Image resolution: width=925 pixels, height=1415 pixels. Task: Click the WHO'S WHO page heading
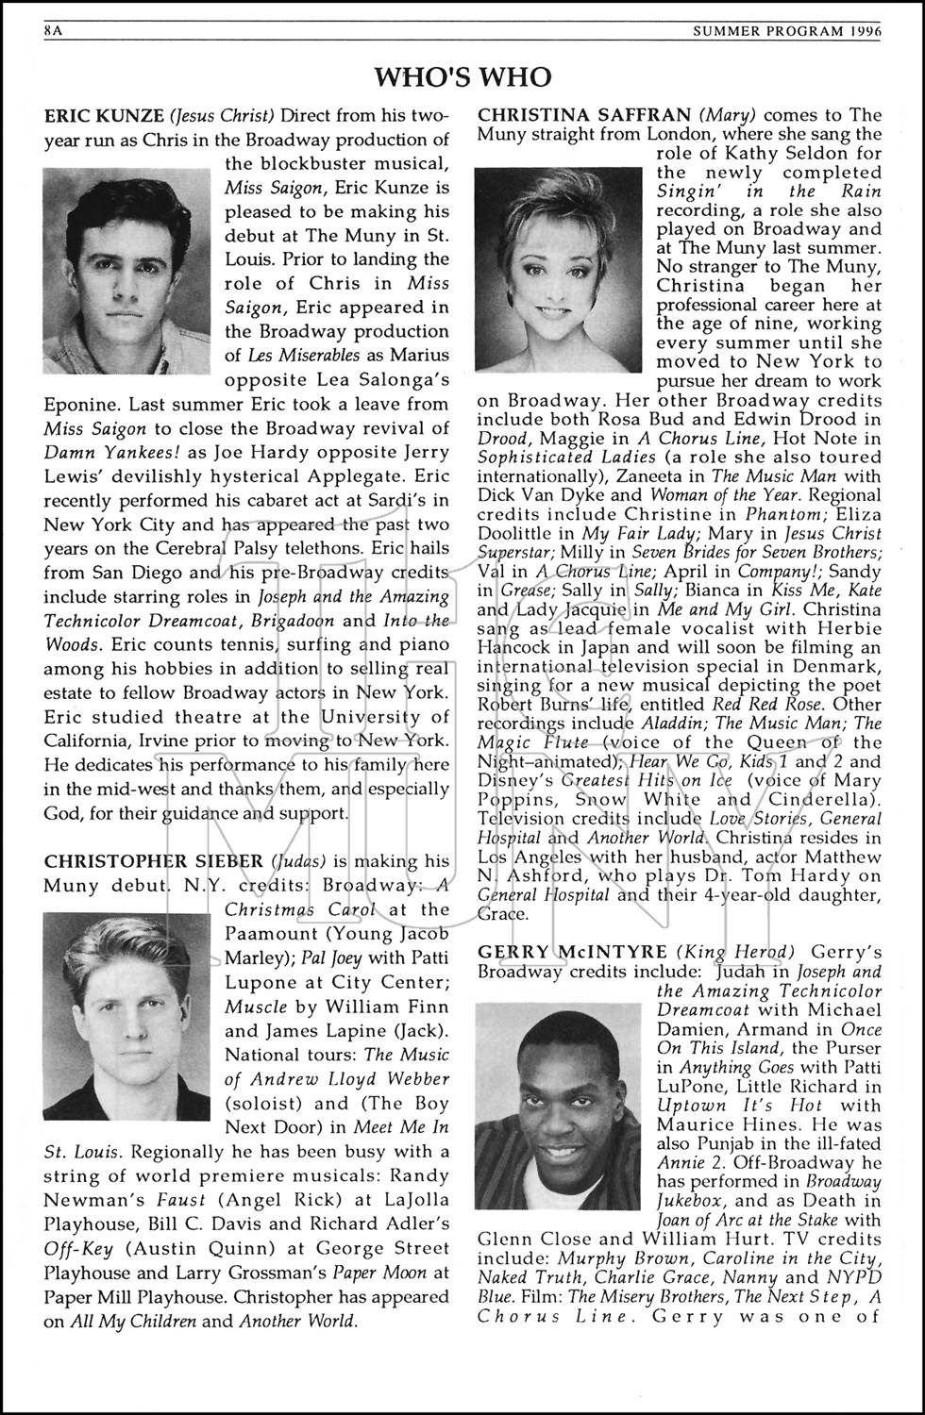462,76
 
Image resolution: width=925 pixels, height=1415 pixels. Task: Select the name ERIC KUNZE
104,116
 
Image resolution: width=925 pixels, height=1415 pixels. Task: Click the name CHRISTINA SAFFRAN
585,116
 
